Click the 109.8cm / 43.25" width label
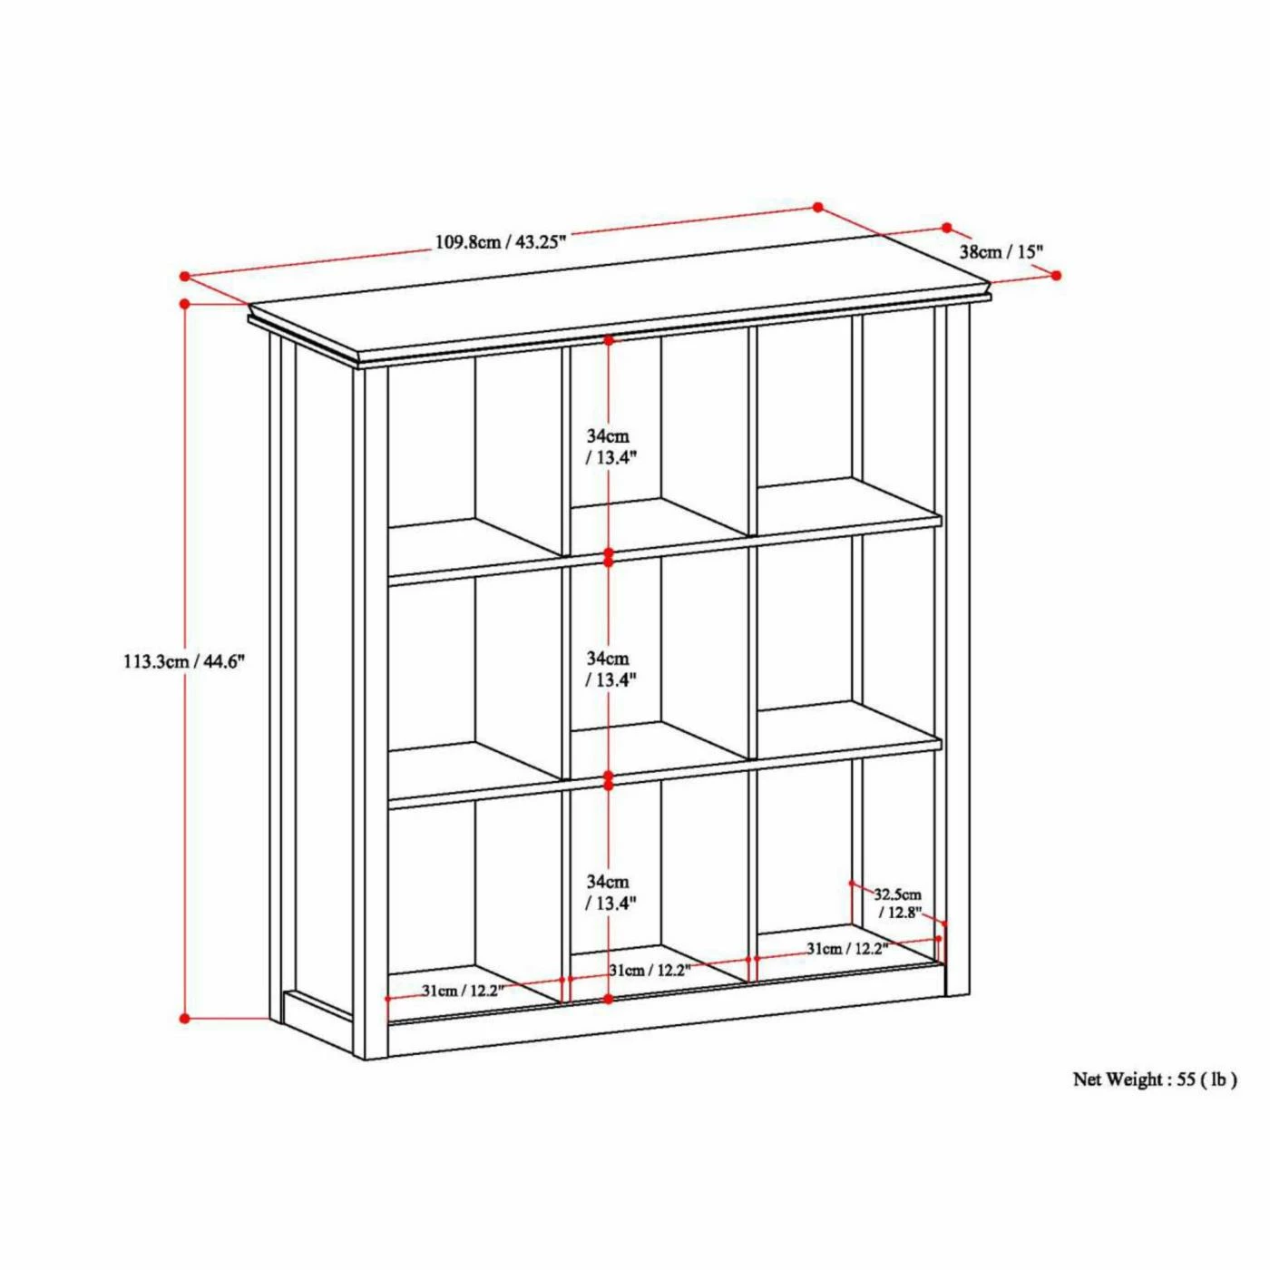click(x=501, y=242)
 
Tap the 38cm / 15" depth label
click(x=1001, y=251)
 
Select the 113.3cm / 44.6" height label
click(x=184, y=661)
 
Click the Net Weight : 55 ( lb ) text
click(x=1154, y=1079)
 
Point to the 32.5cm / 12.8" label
click(x=898, y=904)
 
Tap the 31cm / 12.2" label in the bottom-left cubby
click(x=462, y=991)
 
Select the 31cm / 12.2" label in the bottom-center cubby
click(x=650, y=971)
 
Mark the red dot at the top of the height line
click(x=185, y=304)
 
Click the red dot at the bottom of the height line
click(x=185, y=1018)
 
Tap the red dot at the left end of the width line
click(x=184, y=276)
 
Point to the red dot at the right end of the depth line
click(x=1057, y=275)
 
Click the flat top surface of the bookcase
click(x=617, y=313)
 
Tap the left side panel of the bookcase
click(x=322, y=671)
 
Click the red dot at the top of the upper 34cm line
click(x=609, y=340)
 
